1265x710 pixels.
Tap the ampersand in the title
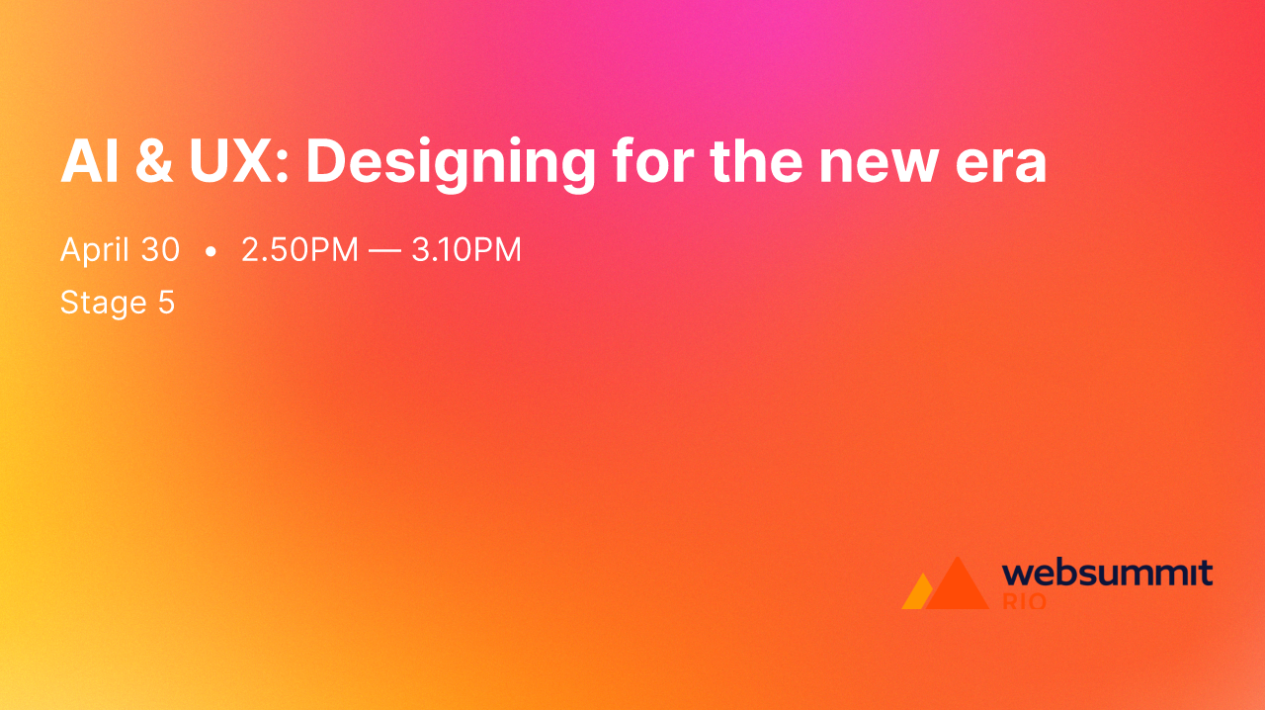[151, 160]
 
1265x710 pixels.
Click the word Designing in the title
[450, 163]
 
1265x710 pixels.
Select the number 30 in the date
[160, 250]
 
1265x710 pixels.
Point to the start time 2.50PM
[299, 250]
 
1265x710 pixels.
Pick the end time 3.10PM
[466, 250]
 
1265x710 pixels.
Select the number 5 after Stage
[166, 303]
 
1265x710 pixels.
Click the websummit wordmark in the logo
[1107, 574]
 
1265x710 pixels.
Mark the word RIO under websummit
[1024, 600]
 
